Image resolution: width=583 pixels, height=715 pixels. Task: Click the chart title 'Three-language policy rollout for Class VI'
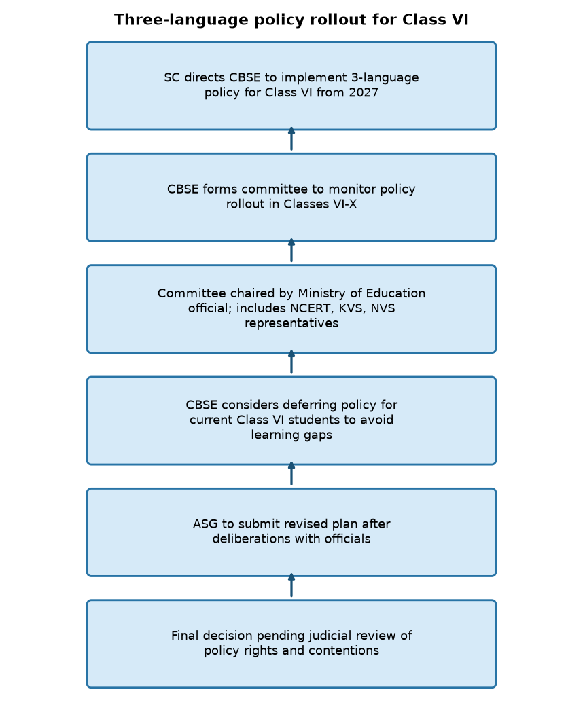(291, 20)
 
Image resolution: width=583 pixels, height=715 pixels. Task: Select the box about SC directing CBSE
(291, 86)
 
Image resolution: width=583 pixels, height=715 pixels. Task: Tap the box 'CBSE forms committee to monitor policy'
(291, 198)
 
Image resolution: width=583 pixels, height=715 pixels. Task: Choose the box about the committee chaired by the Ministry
(291, 309)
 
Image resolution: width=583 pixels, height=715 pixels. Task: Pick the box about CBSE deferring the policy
(291, 421)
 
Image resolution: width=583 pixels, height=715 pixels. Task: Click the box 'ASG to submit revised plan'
(291, 532)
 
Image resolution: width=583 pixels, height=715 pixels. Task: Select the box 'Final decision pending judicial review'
(291, 644)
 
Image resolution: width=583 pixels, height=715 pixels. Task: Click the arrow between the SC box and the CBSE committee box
(291, 139)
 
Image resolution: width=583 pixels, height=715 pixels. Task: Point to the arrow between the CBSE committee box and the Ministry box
(291, 251)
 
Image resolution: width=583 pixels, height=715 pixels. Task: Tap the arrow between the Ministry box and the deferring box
(291, 362)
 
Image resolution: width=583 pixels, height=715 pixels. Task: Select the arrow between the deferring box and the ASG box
(291, 474)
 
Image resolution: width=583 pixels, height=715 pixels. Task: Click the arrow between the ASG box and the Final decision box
(291, 585)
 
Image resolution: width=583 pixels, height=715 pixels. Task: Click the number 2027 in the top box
(364, 92)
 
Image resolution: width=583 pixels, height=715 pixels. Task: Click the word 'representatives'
(291, 323)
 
